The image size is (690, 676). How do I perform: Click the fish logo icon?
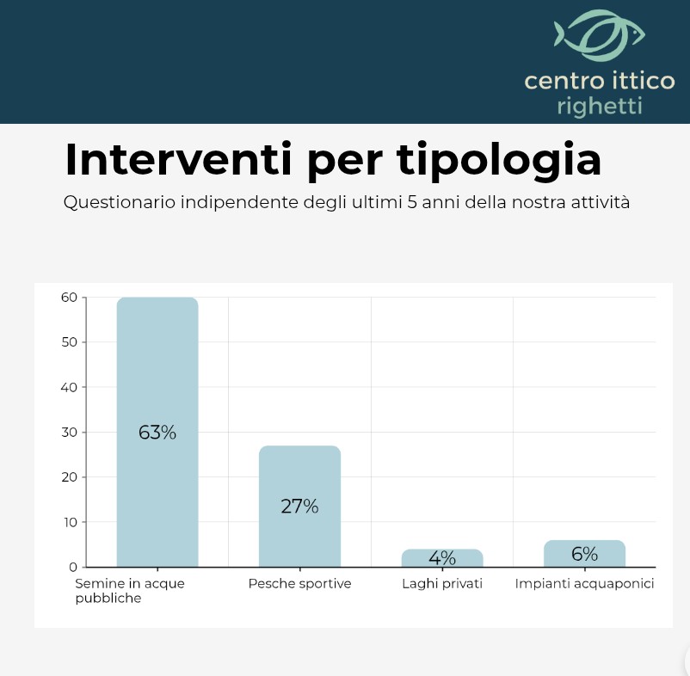click(599, 35)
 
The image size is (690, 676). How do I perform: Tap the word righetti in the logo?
click(599, 108)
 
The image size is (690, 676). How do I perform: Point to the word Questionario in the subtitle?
click(120, 204)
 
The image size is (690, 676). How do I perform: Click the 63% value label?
click(157, 433)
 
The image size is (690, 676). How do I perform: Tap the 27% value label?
click(299, 507)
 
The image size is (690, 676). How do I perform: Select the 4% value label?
click(442, 558)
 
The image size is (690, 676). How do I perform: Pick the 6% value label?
click(584, 554)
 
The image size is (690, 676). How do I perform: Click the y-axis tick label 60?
click(69, 298)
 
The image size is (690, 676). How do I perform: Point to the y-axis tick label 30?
click(69, 432)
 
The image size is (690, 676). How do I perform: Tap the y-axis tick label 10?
click(69, 522)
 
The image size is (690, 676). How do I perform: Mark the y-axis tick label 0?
click(73, 567)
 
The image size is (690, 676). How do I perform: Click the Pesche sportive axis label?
click(299, 584)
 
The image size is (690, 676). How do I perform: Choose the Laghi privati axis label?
click(442, 584)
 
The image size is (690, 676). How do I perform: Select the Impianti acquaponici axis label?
click(585, 584)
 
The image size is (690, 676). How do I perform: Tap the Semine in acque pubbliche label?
click(129, 591)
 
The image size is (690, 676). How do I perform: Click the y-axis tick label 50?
click(69, 342)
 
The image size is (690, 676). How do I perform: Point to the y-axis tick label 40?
click(69, 387)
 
